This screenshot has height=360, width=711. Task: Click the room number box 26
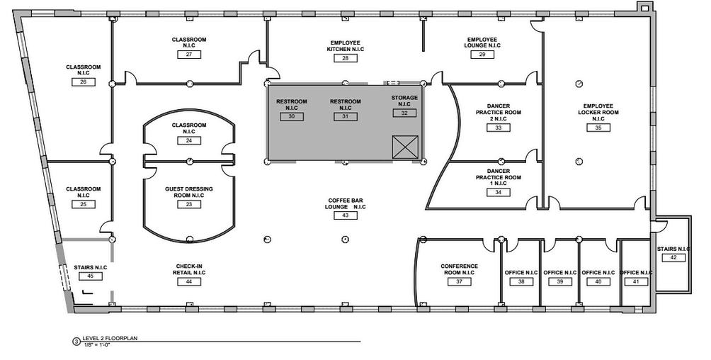point(84,82)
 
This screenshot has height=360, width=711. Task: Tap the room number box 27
point(189,55)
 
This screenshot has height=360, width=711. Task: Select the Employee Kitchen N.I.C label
point(345,45)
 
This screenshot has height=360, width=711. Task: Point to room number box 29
point(482,55)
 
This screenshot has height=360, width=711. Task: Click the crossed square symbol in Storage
point(405,147)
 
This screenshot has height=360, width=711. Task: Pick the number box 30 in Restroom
point(292,116)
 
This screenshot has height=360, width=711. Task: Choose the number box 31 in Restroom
point(346,116)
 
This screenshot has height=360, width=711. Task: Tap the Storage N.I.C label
point(404,100)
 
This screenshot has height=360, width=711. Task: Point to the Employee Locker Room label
point(598,109)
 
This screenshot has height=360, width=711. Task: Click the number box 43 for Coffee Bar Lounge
point(346,215)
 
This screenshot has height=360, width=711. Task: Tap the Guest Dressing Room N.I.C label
point(189,193)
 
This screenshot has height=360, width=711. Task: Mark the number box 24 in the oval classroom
point(189,140)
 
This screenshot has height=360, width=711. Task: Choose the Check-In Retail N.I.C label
point(189,269)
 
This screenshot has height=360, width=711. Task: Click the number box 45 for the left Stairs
point(90,276)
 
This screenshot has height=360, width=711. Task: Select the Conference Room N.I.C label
point(459,269)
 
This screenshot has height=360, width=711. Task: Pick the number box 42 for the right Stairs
point(673,258)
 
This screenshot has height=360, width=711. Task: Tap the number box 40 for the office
point(598,281)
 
